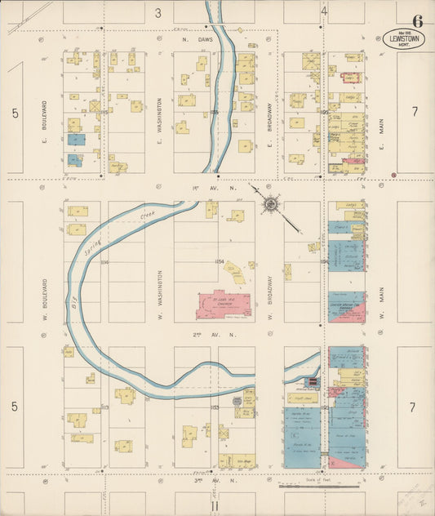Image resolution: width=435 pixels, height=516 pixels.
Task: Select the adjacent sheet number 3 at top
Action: (159, 12)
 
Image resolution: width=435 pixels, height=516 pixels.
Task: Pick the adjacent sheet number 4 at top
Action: (324, 12)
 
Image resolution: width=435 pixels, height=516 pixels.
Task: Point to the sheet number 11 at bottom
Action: (215, 506)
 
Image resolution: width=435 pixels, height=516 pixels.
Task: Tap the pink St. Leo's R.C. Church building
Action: (223, 305)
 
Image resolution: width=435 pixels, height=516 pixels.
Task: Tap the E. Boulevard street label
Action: (45, 118)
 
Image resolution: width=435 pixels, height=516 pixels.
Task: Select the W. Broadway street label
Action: (269, 282)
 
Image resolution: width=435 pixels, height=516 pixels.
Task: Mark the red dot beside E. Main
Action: (393, 174)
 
